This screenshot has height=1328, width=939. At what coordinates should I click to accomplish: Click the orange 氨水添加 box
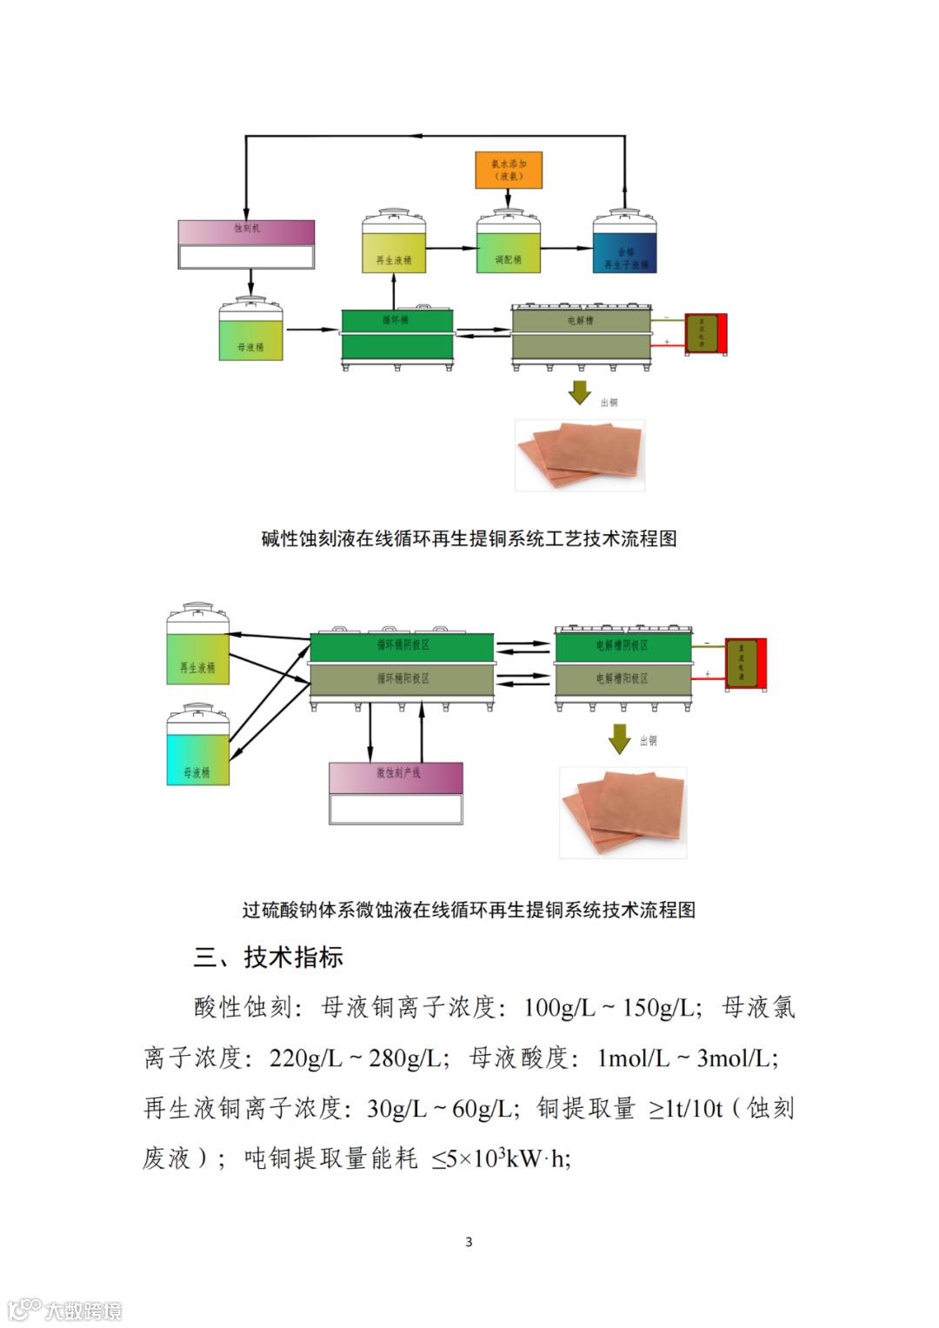pos(509,170)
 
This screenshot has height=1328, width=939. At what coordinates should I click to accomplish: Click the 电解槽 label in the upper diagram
pos(580,320)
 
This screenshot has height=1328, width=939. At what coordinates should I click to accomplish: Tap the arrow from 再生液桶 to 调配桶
pos(451,249)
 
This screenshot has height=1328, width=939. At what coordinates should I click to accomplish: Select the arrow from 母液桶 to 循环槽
pos(311,330)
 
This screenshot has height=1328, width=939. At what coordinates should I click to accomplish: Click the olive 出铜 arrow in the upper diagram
pos(579,392)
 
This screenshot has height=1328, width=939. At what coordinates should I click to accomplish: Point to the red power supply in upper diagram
pos(706,334)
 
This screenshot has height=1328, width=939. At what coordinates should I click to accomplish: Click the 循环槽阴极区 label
pos(403,645)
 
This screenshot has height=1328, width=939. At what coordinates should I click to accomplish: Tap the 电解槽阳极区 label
pos(622,678)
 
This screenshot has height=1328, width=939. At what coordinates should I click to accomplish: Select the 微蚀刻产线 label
pos(397,773)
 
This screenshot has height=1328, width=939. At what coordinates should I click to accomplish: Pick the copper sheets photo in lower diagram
pos(623,812)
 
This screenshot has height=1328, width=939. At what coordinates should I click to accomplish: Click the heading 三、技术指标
pos(268,958)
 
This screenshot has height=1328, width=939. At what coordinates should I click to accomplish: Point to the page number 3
pos(469,1242)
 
